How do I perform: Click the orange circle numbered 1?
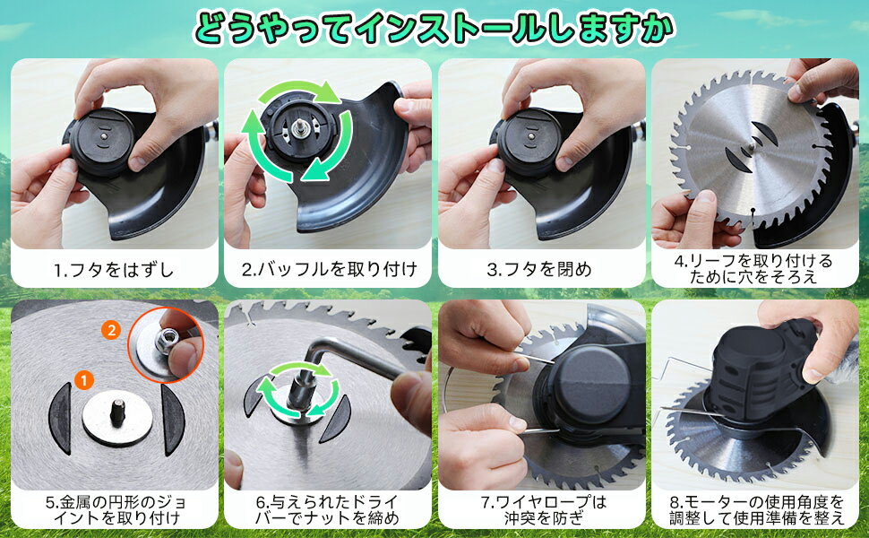coord(84,380)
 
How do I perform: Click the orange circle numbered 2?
coord(111,331)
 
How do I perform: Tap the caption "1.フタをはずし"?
coord(114,270)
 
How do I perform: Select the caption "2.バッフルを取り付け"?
coord(329,270)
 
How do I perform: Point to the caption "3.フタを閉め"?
coord(539,270)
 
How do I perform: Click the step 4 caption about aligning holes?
coord(753,268)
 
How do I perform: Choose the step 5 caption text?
coord(116,510)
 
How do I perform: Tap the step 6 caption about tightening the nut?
coord(327,510)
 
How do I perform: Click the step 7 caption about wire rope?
coord(543,510)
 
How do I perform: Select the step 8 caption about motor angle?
coord(756,510)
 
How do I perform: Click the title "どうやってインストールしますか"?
coord(434,30)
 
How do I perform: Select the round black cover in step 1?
coord(102,143)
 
